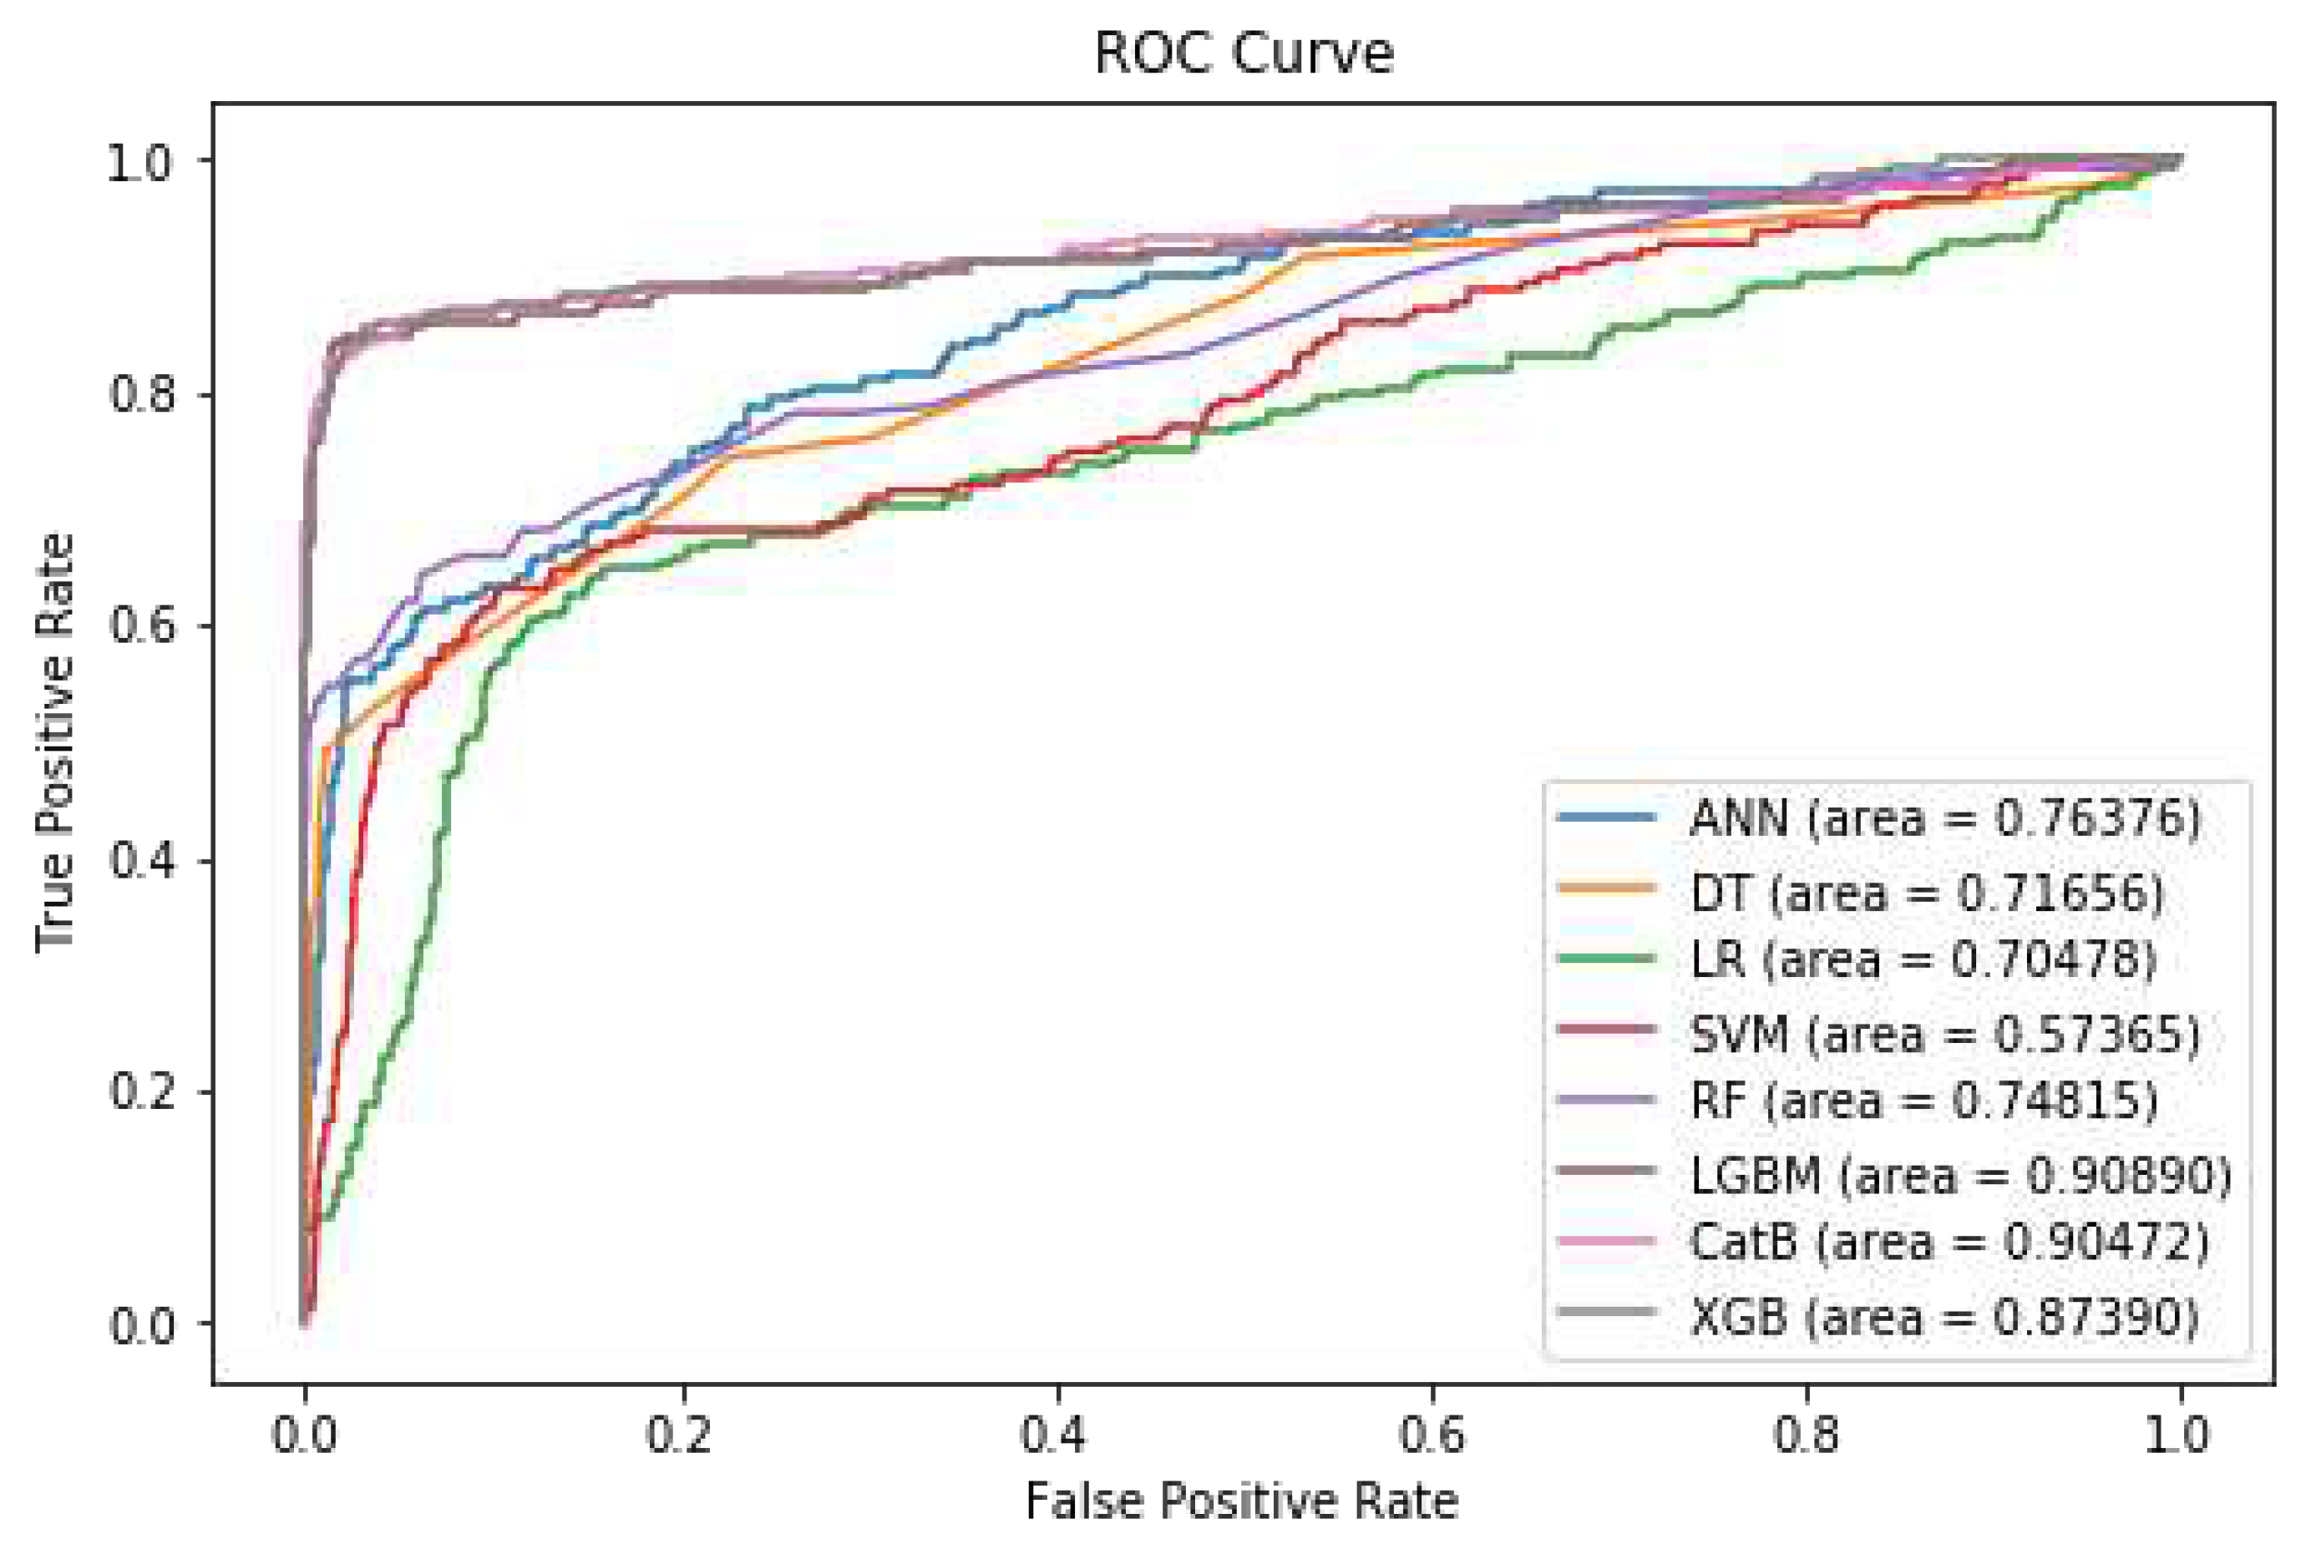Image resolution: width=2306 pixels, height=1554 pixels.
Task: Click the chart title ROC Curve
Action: coord(1243,53)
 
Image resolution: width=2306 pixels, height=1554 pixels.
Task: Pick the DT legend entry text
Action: coord(1927,894)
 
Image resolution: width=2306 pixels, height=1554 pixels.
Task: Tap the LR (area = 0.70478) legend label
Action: coord(1923,959)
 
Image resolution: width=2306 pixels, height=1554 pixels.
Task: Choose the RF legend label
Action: coord(1923,1100)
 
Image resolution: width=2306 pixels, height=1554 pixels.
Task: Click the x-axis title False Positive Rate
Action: coord(1241,1501)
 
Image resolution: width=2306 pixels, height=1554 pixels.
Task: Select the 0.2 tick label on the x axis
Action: coord(680,1435)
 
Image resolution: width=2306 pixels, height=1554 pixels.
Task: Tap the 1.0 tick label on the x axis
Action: coord(2178,1435)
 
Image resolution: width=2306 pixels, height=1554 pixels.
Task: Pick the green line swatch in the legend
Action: coord(1605,959)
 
